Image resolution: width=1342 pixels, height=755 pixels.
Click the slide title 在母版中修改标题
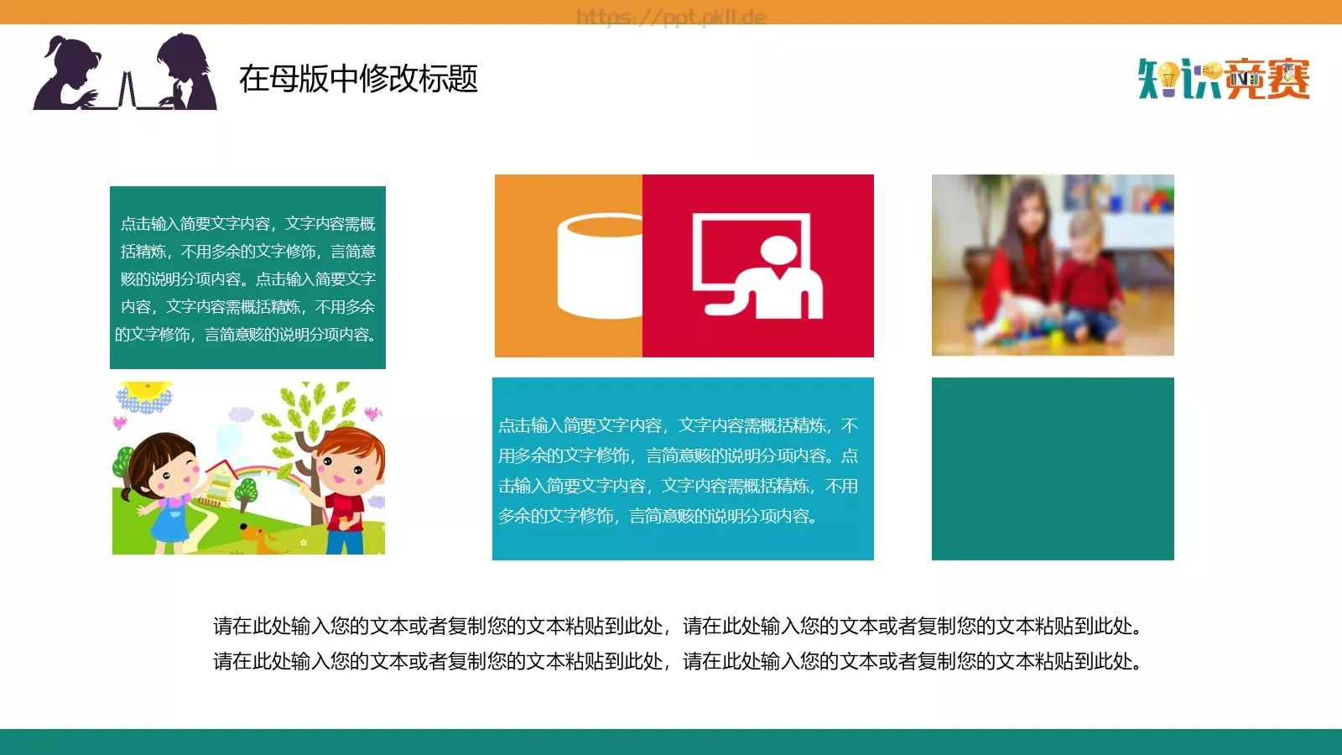tap(358, 79)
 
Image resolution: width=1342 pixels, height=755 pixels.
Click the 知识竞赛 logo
tap(1224, 79)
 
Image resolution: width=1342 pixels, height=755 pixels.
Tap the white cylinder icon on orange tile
tap(599, 266)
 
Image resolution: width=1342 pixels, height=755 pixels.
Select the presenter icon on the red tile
tap(758, 266)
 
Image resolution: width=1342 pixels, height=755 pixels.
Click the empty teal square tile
tap(1053, 469)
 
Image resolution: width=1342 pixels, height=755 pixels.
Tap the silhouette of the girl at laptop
tap(67, 75)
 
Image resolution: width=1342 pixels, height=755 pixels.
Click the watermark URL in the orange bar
tap(671, 16)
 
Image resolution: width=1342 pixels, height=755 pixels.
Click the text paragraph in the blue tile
tap(678, 471)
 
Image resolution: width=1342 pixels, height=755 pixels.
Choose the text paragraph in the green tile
tap(247, 279)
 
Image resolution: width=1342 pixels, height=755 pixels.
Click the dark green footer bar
tap(671, 742)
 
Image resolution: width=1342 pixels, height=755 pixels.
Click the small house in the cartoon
tap(218, 487)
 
